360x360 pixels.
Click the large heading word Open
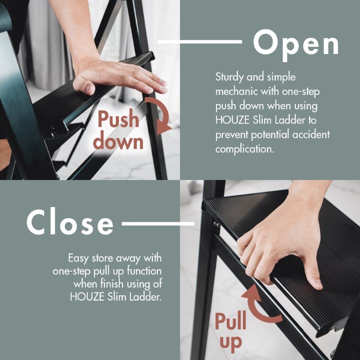coord(296,44)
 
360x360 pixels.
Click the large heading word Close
coord(70,221)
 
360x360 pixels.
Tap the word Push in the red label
coord(118,119)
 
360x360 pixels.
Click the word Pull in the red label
coord(230,321)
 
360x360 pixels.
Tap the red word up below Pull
coord(231,343)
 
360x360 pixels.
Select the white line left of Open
coord(199,42)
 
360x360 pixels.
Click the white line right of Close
coord(158,224)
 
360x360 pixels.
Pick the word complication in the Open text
coord(245,149)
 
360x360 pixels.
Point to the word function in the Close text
coord(144,271)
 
